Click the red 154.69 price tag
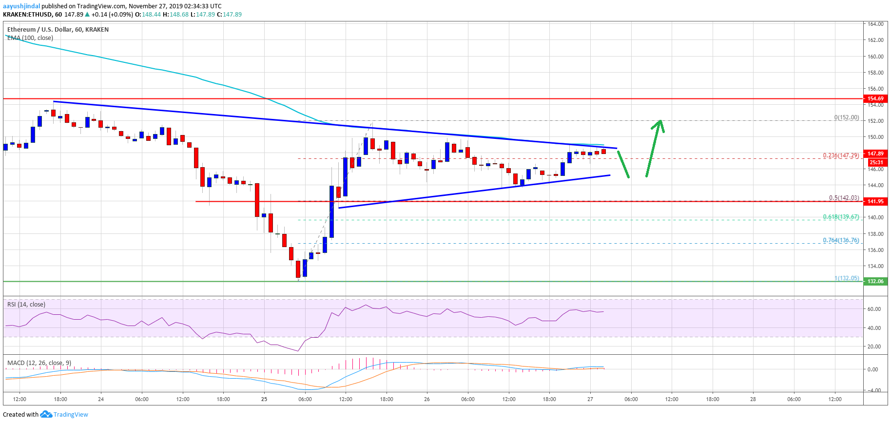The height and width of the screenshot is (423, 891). tap(875, 98)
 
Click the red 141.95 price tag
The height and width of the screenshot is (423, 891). tap(875, 201)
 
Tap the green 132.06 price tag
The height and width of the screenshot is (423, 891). tap(875, 281)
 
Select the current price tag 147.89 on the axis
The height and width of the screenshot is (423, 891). tap(875, 154)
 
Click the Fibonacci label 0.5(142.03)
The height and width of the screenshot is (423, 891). tap(844, 198)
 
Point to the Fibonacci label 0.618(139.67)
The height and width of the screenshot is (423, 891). tap(841, 217)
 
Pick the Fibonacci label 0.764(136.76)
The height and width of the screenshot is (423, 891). tap(841, 240)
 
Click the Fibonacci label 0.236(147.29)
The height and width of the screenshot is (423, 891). tap(841, 155)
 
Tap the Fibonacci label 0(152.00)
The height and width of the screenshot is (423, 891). tap(846, 117)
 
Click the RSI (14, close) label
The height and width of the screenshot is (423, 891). tap(26, 305)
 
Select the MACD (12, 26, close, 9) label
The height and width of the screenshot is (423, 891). tap(39, 363)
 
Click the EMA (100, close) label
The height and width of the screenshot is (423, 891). tap(30, 38)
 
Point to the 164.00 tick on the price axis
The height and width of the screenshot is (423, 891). tap(875, 24)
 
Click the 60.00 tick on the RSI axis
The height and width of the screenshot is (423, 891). tap(874, 309)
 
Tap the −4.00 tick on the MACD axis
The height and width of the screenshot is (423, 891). tap(874, 390)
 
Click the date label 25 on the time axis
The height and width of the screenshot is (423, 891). tap(264, 399)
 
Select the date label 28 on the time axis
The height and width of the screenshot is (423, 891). tap(753, 399)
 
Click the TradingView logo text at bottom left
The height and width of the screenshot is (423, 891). tap(71, 415)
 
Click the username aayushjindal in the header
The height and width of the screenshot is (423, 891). tap(21, 6)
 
